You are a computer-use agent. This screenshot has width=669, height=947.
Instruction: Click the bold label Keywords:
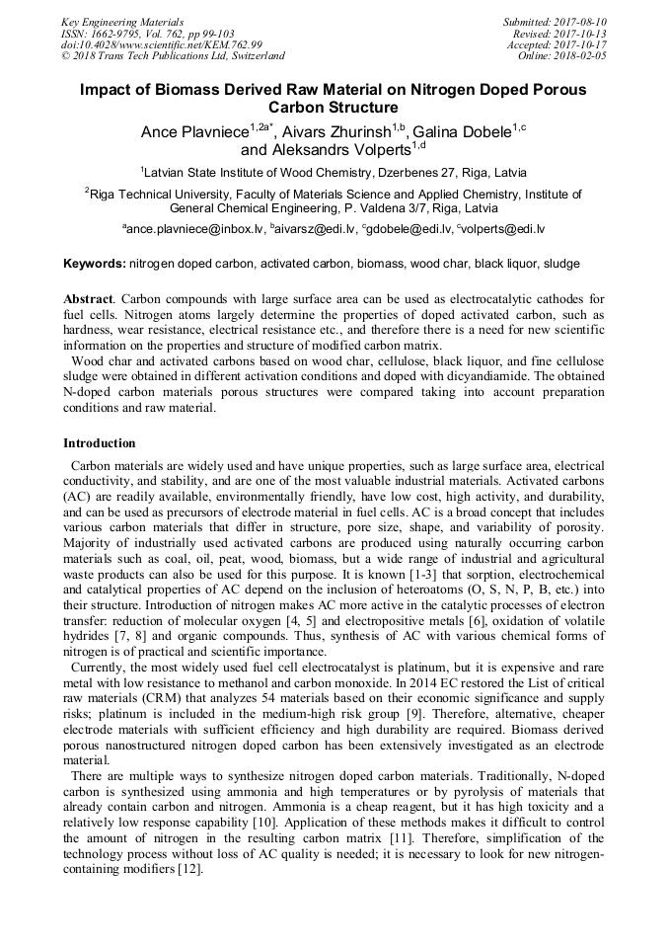click(x=95, y=265)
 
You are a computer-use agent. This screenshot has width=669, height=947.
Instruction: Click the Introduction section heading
click(x=100, y=443)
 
